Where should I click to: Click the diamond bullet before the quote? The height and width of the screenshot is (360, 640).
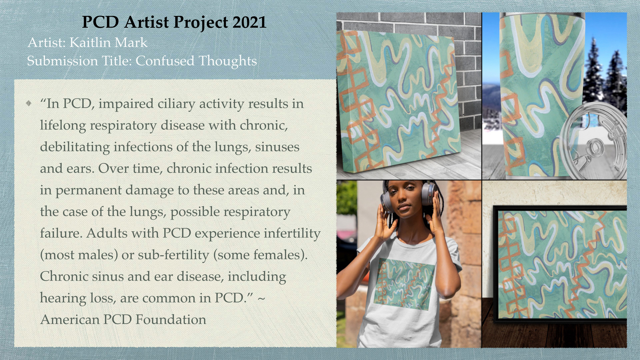click(x=29, y=103)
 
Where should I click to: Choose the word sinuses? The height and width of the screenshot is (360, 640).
click(x=277, y=147)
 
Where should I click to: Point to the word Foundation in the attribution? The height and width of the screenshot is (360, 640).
click(x=171, y=319)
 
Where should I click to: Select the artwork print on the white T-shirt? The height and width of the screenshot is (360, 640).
click(x=404, y=283)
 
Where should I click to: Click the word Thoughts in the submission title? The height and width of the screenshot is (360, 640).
click(x=228, y=61)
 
